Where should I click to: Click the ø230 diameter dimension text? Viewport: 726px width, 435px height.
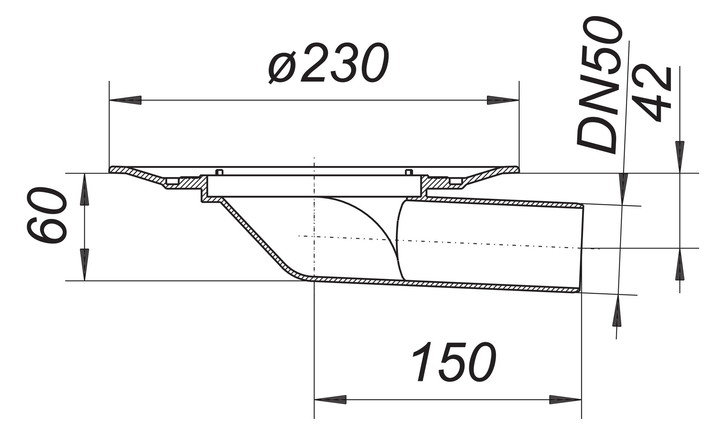click(328, 63)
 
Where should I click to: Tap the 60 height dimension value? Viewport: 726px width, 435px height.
click(47, 216)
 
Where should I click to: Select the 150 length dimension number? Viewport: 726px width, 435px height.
click(454, 362)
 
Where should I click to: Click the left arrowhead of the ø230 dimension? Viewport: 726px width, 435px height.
click(125, 100)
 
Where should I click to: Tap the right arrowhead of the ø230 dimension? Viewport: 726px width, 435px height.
click(502, 100)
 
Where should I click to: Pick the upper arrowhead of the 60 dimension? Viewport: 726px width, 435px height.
click(85, 189)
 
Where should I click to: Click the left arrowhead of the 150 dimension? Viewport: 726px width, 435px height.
click(331, 400)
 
